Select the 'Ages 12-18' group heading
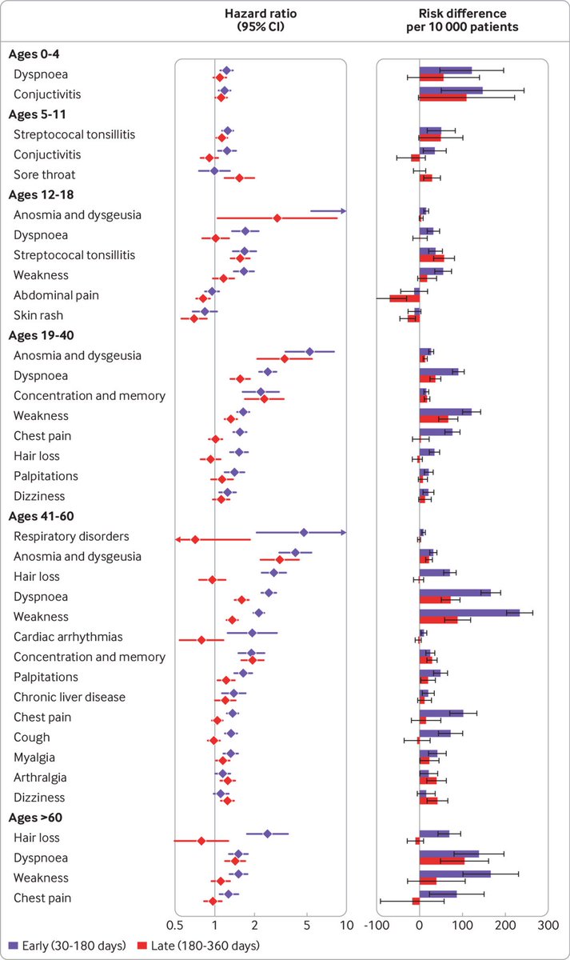click(x=42, y=194)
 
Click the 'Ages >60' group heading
click(x=38, y=818)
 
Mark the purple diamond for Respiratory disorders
click(x=304, y=532)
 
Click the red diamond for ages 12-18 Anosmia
click(x=277, y=218)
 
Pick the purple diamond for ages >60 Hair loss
click(x=267, y=834)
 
